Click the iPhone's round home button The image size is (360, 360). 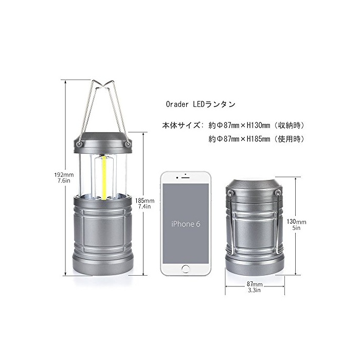(186, 269)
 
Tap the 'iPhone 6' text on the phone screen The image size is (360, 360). (186, 224)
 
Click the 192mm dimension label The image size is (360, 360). (64, 175)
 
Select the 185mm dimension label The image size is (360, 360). (145, 201)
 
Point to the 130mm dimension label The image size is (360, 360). (296, 222)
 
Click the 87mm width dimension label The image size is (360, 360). (255, 284)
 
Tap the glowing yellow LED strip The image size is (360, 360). (104, 178)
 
